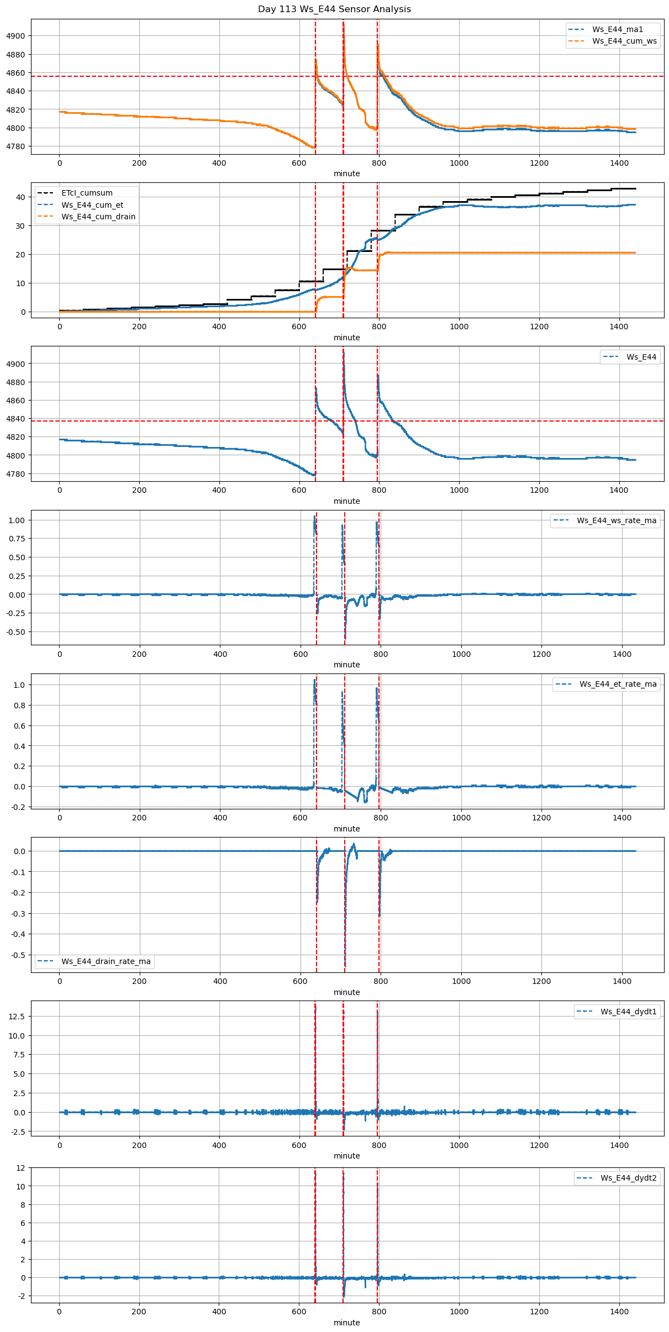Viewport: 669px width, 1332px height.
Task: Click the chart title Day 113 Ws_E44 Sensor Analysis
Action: [334, 9]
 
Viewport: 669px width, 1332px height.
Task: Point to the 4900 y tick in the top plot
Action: [15, 36]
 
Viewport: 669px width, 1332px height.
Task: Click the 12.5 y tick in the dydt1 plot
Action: [17, 1017]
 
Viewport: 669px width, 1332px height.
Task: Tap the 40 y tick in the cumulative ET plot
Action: [20, 197]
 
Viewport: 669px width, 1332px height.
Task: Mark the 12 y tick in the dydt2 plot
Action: [20, 1168]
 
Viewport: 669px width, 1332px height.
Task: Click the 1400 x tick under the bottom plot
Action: [619, 1312]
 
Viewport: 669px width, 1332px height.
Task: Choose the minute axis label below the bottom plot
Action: [346, 1323]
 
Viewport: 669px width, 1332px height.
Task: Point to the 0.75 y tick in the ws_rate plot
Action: [17, 539]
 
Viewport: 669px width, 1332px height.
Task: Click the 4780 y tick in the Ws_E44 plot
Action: [15, 474]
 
